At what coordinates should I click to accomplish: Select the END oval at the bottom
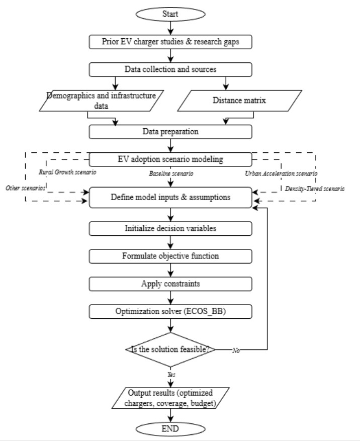170,429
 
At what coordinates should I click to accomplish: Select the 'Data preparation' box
170,132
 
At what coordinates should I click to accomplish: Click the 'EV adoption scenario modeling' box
170,159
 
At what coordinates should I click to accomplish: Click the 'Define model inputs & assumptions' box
170,197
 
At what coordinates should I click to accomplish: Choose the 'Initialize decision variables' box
170,228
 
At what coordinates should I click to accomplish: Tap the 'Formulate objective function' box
170,255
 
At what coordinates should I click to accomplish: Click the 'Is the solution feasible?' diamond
170,349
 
